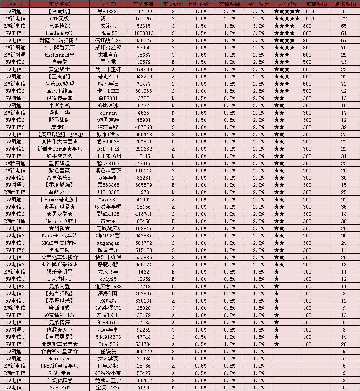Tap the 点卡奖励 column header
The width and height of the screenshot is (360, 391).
(344, 4)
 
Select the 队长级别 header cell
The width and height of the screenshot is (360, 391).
(287, 4)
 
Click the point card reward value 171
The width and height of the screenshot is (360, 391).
(344, 18)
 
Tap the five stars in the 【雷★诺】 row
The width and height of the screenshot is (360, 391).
(287, 11)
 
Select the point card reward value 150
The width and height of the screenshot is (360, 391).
(344, 11)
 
